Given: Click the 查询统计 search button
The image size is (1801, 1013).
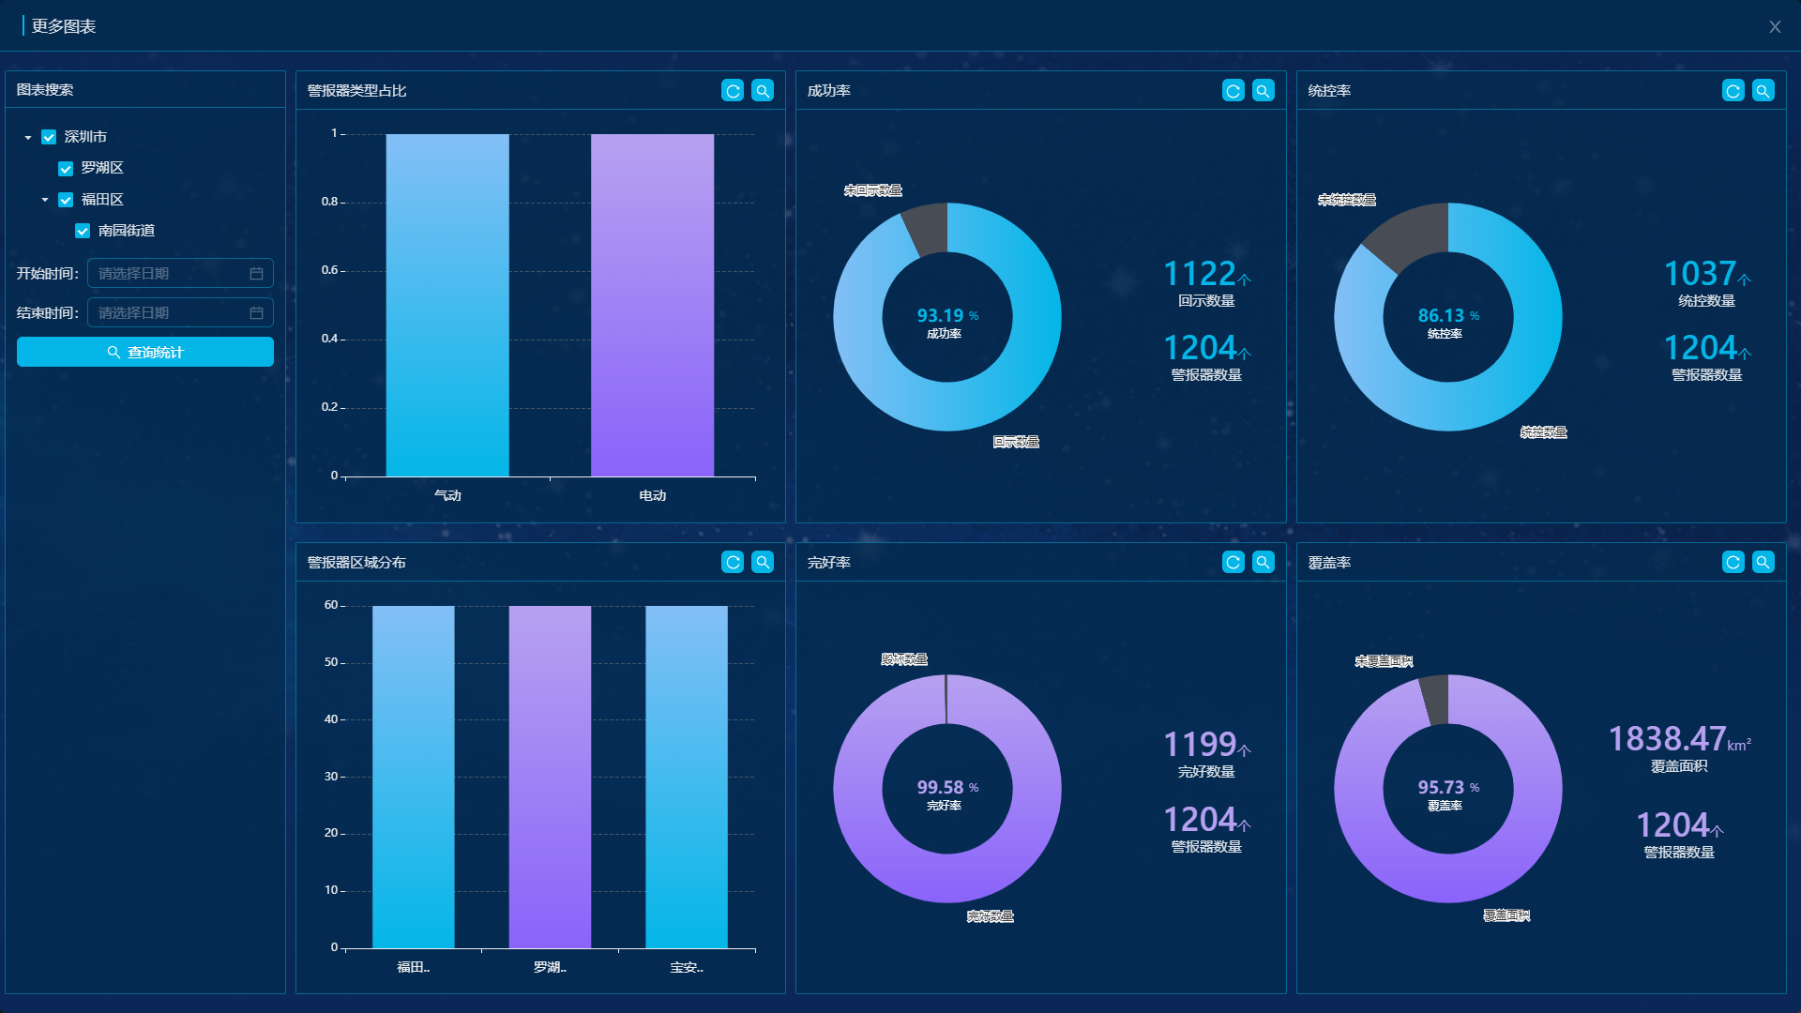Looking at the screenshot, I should point(145,352).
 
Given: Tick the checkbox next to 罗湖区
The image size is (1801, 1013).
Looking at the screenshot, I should point(66,169).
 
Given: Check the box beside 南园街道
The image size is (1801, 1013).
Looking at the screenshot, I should point(83,231).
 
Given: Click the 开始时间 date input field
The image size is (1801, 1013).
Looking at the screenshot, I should point(179,273).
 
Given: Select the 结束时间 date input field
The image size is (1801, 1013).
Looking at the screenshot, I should point(179,312).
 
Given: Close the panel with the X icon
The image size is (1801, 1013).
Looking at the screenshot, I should point(1774,27).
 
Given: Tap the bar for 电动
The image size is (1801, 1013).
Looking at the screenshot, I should point(652,305).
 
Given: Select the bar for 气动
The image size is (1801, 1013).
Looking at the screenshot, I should point(447,305).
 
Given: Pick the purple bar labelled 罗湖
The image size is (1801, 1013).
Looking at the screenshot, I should point(550,777).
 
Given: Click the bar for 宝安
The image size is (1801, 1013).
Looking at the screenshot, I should point(686,777).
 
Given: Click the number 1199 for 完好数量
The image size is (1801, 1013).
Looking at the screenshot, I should point(1200,745).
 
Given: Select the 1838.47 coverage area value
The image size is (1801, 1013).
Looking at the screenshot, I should point(1667,739).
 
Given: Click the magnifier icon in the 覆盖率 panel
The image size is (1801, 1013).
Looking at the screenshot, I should point(1763,562).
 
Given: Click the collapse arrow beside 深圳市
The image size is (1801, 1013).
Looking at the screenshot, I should point(28,138).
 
